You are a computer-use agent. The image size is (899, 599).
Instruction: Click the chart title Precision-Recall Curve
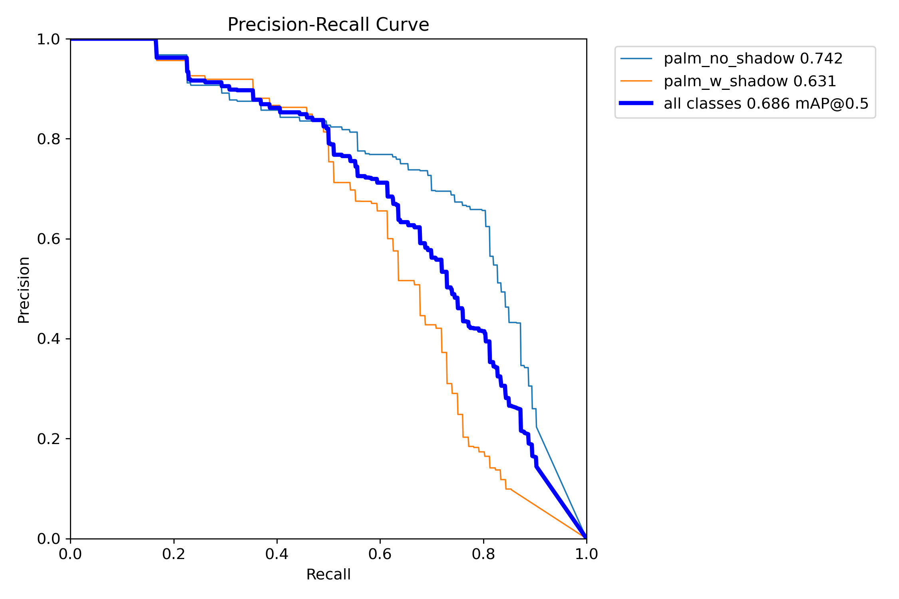[x=328, y=25]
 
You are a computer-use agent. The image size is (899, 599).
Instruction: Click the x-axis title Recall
[x=328, y=575]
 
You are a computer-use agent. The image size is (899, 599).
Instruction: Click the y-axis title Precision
[x=24, y=290]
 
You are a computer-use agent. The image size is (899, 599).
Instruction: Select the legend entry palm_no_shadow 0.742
[x=753, y=59]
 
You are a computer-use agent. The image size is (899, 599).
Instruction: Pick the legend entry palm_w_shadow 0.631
[x=750, y=81]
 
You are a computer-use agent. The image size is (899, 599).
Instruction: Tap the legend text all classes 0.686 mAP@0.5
[x=766, y=104]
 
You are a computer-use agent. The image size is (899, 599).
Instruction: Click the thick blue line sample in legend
[x=636, y=103]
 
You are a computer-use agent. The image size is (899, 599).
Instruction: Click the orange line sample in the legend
[x=636, y=81]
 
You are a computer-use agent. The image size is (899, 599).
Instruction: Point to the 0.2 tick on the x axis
[x=174, y=554]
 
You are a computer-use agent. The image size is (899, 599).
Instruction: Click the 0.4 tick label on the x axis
[x=277, y=554]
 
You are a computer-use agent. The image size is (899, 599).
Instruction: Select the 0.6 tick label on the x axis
[x=380, y=554]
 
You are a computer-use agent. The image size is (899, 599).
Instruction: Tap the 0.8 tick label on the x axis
[x=483, y=554]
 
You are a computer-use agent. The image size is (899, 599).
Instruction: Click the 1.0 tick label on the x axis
[x=586, y=554]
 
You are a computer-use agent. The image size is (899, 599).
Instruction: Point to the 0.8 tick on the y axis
[x=48, y=139]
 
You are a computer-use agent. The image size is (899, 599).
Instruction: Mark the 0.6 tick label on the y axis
[x=48, y=239]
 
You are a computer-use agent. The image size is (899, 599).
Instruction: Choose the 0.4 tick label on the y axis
[x=48, y=339]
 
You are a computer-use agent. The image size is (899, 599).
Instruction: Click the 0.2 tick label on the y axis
[x=48, y=439]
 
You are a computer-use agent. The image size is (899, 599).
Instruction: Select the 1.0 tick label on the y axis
[x=48, y=39]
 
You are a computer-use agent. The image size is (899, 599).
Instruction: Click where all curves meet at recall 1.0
[x=586, y=538]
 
